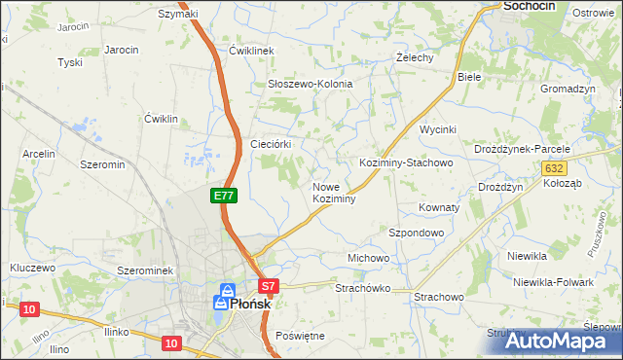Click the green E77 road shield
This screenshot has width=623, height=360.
pos(224,196)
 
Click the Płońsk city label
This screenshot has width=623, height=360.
pos(241,304)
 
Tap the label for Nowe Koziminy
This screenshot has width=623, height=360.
pos(334,193)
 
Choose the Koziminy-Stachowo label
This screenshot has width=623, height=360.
pos(406,162)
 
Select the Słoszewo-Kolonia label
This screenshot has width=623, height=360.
pos(310,85)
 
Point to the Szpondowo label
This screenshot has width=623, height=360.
pos(417,234)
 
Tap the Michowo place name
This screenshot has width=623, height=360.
pos(369,258)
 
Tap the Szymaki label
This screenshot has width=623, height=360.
pos(178,14)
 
